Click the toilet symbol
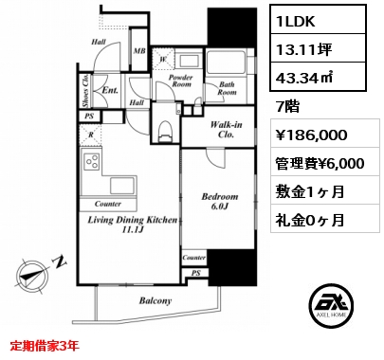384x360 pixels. point(166,131)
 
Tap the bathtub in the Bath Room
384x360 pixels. point(226,62)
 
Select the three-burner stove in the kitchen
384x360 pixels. point(92,161)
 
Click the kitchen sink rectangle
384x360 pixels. point(122,186)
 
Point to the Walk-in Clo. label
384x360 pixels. point(227,130)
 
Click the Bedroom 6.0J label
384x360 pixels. point(220,201)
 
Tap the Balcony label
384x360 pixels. point(155,300)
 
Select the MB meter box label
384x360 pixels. point(139,51)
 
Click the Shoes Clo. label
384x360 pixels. point(85,91)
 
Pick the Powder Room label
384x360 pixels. point(180,81)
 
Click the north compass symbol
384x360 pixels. point(34,275)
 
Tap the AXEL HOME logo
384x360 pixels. point(331,305)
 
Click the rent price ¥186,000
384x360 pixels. point(312,135)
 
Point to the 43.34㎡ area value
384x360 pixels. point(304,78)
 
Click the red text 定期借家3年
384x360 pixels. point(45,346)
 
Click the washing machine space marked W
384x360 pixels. point(163,59)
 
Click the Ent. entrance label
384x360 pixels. point(110,90)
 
